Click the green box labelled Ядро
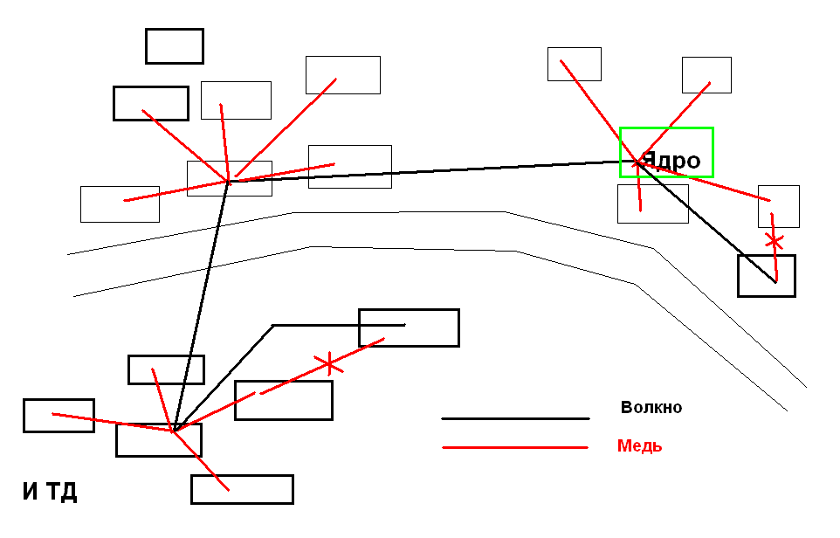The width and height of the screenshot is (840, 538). (x=666, y=152)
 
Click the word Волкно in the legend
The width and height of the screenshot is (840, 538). (x=651, y=407)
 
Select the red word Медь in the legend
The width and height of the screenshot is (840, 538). (x=639, y=445)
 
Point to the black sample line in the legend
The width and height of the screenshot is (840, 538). (x=515, y=418)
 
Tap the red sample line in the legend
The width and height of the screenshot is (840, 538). (x=515, y=448)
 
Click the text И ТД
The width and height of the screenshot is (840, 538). (x=50, y=492)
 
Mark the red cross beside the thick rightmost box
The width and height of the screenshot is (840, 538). (x=772, y=240)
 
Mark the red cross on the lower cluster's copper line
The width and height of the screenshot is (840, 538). (x=328, y=362)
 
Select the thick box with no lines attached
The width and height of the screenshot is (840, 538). (x=174, y=46)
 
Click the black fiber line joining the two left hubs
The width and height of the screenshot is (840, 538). (x=201, y=306)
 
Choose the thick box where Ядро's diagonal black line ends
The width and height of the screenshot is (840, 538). (x=766, y=276)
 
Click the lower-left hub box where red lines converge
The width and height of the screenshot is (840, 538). (x=158, y=440)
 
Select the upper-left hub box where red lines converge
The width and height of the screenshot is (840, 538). (x=229, y=178)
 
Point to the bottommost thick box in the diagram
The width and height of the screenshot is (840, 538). (x=242, y=489)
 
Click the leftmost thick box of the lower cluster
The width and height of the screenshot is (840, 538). (x=59, y=416)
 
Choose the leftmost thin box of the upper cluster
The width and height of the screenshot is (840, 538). (x=120, y=204)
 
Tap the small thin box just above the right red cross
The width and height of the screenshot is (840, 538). (x=778, y=206)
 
